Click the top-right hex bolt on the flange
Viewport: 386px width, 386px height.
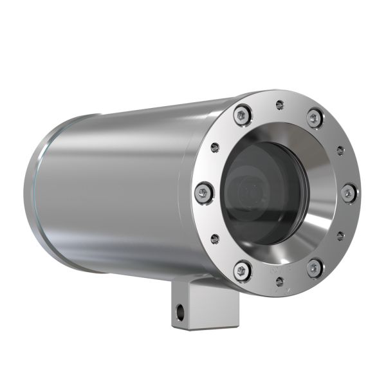coord(315,118)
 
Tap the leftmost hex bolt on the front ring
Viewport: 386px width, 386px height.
coord(204,191)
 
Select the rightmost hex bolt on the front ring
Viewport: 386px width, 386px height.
coord(348,192)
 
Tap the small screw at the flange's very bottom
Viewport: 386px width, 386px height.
coord(279,280)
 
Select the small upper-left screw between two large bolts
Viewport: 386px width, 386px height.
coord(215,147)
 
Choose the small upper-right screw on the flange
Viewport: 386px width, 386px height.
coord(340,150)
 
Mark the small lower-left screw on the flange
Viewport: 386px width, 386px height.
coord(215,239)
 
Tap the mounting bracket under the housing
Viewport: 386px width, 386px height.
coord(205,309)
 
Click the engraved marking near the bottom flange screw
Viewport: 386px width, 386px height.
coord(279,291)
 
